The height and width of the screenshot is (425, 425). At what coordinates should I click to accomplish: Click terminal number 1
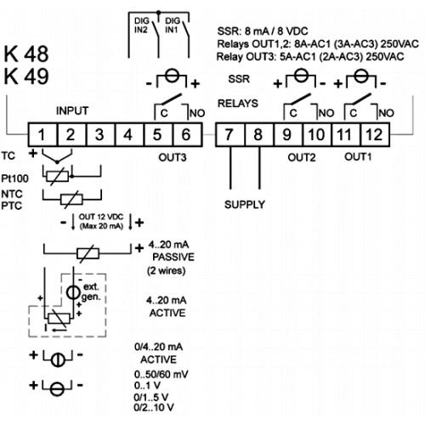[42, 134]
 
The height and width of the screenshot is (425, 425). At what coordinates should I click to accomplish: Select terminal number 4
[129, 134]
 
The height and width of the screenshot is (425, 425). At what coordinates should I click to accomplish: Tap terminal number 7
[229, 134]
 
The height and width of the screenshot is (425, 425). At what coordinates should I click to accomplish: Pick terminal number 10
[317, 134]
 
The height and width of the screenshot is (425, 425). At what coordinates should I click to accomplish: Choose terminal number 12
[375, 134]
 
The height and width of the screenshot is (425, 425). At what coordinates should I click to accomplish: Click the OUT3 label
[173, 157]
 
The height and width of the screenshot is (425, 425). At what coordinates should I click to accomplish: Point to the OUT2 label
[302, 157]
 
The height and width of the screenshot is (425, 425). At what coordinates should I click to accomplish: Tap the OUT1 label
[358, 156]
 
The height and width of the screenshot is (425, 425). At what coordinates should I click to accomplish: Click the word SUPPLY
[245, 204]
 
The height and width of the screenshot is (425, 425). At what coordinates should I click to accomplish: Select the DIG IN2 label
[141, 25]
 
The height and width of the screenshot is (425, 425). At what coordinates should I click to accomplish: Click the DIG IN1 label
[173, 25]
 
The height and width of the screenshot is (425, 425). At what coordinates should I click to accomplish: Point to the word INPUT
[72, 110]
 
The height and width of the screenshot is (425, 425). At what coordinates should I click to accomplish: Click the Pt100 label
[14, 178]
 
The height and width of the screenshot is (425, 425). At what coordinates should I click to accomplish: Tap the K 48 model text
[26, 54]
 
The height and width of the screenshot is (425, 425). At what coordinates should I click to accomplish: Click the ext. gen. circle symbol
[73, 292]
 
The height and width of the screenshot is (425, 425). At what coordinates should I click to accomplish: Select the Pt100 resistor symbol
[58, 177]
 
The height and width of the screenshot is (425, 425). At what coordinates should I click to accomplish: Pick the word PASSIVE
[173, 257]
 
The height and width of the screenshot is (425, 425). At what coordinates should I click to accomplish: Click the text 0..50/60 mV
[161, 375]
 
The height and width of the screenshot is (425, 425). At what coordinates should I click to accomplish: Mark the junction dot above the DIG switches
[159, 13]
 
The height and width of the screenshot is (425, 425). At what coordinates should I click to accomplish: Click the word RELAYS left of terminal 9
[238, 104]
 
